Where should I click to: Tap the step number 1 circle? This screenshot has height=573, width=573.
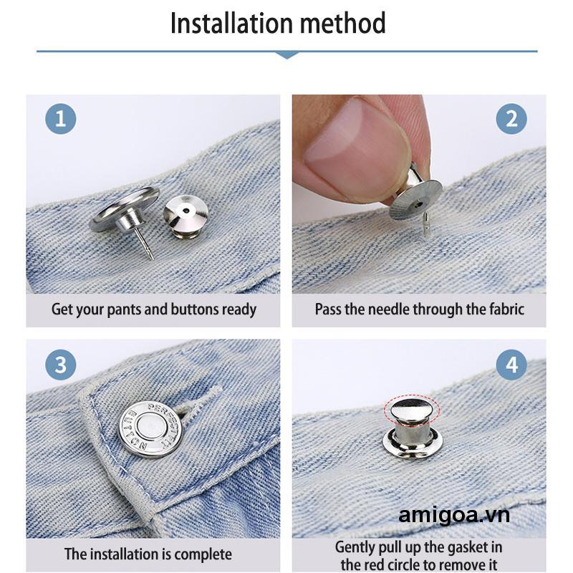(60, 118)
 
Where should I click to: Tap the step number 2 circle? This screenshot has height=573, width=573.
(511, 118)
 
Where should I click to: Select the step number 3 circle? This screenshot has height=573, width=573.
(60, 365)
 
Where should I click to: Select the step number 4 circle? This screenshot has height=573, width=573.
(511, 365)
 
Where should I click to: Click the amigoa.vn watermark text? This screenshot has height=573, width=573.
(454, 516)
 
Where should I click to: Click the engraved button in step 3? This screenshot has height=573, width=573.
(150, 429)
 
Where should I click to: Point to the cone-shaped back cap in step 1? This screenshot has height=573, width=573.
(186, 213)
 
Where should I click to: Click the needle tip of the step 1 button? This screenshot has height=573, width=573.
(150, 255)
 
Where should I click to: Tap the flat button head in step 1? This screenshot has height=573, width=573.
(125, 208)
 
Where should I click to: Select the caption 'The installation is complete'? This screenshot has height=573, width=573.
(148, 554)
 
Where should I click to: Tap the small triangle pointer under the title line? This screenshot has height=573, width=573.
(286, 54)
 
